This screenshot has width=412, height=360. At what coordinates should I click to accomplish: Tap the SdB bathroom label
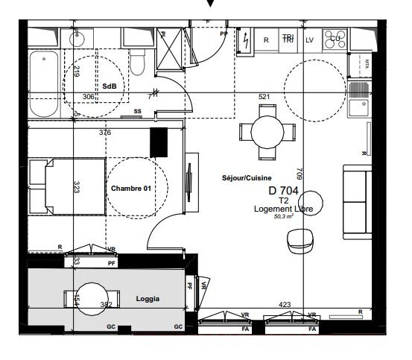pos(109,86)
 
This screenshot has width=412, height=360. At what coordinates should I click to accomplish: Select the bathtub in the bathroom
pos(45,84)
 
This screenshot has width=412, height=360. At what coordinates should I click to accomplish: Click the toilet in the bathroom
pos(137,64)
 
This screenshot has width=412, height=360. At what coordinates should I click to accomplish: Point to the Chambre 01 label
pos(130,189)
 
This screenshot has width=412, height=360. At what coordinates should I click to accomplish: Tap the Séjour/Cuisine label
pos(247,178)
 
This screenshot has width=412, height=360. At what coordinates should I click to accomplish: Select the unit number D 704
pos(283,191)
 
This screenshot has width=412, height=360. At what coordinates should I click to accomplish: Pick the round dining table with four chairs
pos(267,132)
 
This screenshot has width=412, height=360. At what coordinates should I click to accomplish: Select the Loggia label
pos(148,299)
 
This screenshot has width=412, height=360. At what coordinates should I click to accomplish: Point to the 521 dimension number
pos(264,97)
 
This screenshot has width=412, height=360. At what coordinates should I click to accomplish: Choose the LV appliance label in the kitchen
pos(310,40)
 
